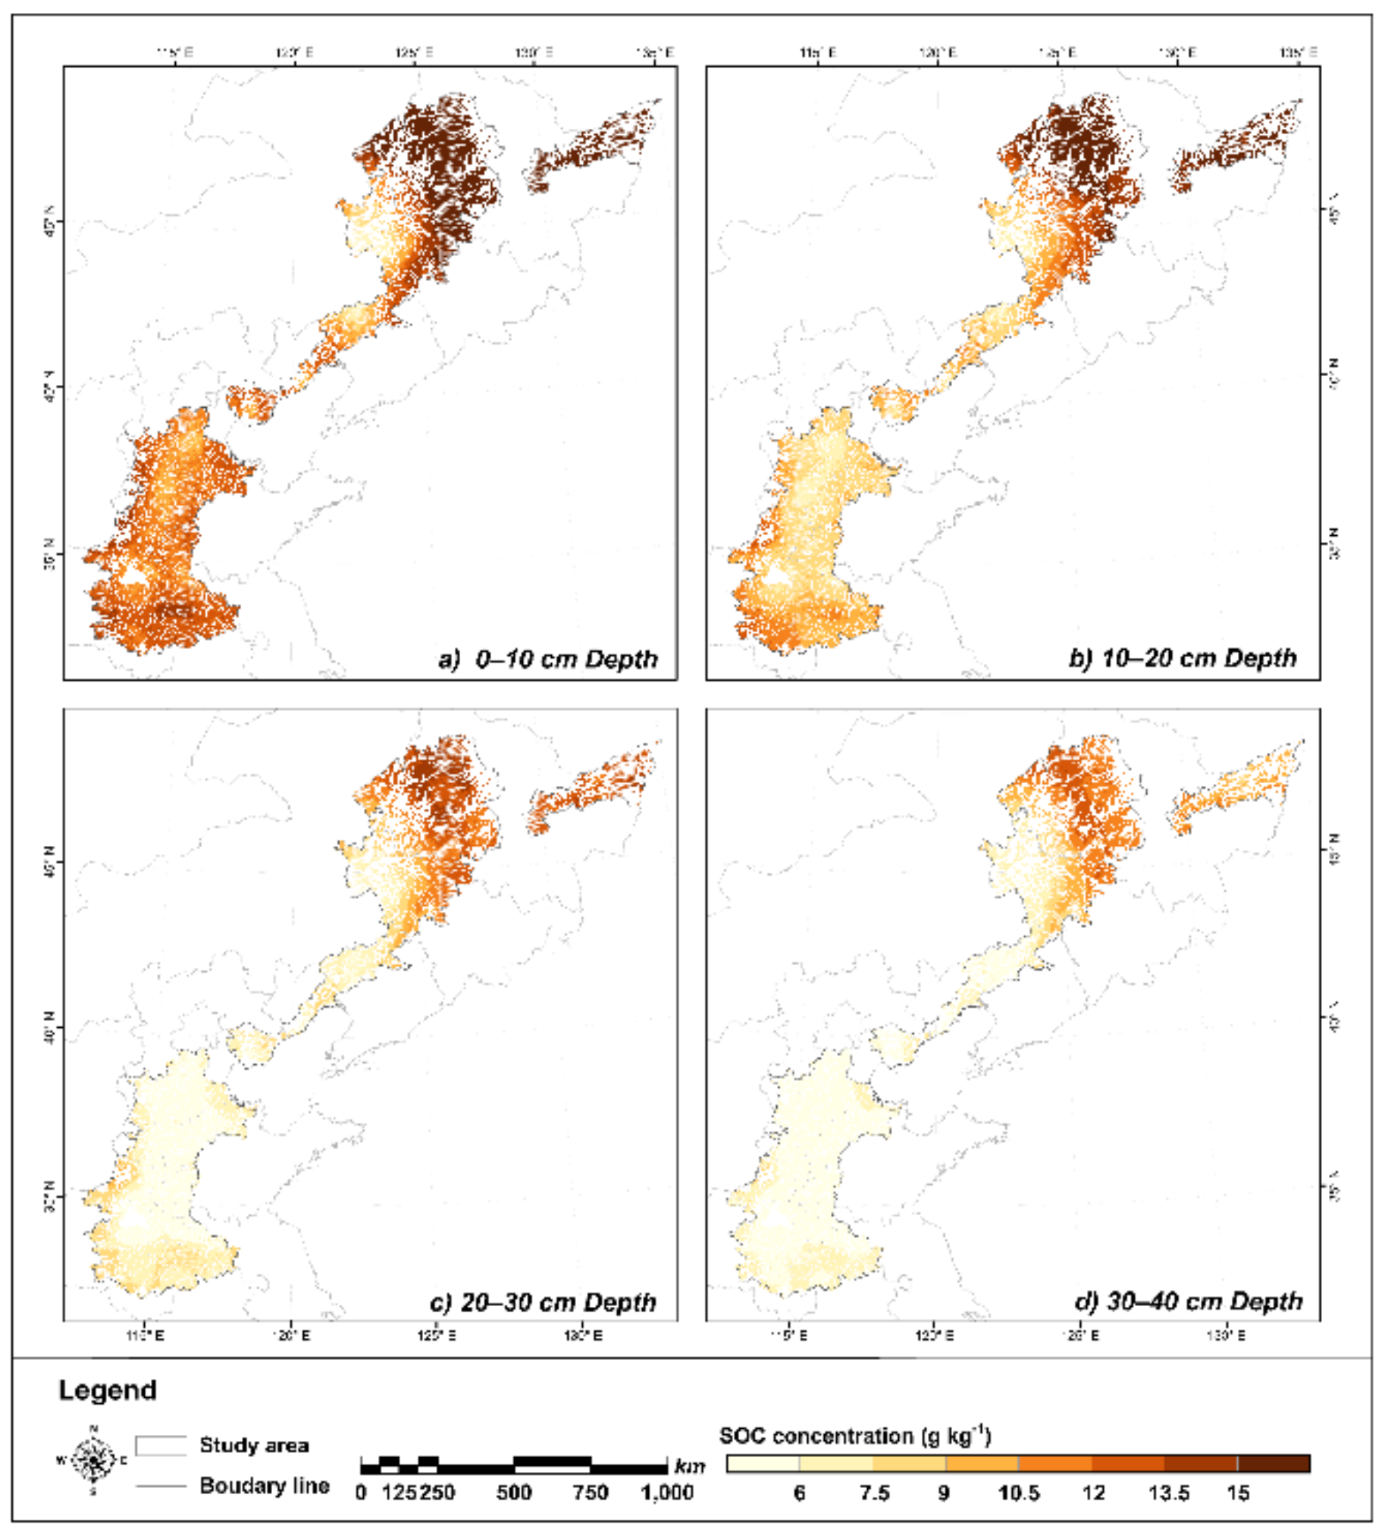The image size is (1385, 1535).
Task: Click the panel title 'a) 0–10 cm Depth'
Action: click(548, 659)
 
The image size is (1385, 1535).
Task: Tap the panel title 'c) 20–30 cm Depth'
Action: click(543, 1302)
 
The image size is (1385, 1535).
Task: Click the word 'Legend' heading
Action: click(108, 1390)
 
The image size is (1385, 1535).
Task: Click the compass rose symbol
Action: click(93, 1461)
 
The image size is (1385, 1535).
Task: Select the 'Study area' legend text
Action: click(253, 1446)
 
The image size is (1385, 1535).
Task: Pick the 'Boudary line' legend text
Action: click(264, 1486)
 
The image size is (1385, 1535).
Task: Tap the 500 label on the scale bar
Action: click(514, 1493)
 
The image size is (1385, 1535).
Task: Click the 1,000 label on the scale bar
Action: click(666, 1493)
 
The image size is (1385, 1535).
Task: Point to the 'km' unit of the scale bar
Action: click(689, 1466)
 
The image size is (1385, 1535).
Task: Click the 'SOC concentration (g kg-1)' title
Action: click(854, 1436)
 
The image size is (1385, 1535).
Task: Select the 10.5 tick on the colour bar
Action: click(1018, 1493)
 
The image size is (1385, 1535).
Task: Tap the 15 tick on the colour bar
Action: click(1238, 1493)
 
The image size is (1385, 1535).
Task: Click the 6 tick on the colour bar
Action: click(799, 1493)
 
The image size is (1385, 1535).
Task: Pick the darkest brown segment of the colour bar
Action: click(1274, 1464)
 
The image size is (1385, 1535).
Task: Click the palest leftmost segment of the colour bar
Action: click(763, 1464)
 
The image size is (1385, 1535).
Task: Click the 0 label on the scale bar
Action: click(362, 1493)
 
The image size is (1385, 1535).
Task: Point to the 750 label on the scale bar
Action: click(591, 1493)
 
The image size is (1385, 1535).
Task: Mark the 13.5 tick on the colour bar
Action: click(1168, 1493)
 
